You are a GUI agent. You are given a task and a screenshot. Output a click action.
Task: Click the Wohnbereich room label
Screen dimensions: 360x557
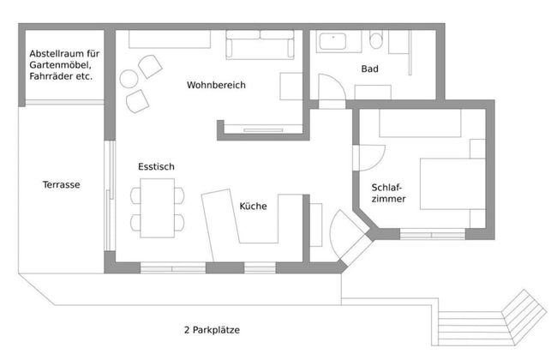click(x=216, y=85)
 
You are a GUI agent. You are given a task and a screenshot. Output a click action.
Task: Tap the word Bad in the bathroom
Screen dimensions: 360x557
click(x=369, y=69)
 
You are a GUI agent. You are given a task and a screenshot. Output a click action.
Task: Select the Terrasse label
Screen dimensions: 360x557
click(x=61, y=184)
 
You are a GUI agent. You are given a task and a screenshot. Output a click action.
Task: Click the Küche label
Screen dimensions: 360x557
click(x=253, y=206)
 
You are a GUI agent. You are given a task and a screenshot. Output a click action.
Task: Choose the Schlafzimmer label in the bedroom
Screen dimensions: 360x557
click(x=388, y=193)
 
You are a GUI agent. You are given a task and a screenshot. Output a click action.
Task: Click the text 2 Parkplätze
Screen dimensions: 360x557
click(x=211, y=329)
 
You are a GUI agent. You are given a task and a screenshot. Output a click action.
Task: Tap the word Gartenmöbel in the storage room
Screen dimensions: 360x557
click(x=59, y=64)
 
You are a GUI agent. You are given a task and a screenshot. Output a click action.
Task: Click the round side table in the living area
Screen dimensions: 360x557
click(x=129, y=80)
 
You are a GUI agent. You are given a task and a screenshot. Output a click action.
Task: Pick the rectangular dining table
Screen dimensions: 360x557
click(x=158, y=208)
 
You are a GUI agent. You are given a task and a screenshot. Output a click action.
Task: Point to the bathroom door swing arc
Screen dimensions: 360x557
click(x=331, y=87)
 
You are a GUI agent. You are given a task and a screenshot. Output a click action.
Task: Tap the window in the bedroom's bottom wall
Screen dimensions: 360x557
click(x=432, y=232)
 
